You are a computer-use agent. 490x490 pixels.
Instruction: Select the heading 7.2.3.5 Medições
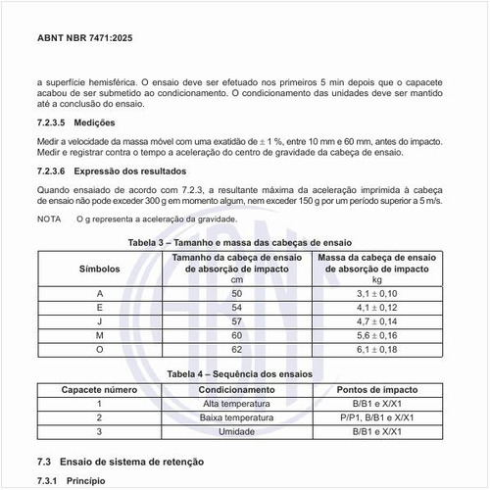(x=75, y=123)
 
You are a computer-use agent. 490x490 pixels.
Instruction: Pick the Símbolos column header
(x=99, y=267)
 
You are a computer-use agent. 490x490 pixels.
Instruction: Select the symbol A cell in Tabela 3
(x=99, y=293)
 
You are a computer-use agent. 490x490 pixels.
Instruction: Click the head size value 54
(x=236, y=307)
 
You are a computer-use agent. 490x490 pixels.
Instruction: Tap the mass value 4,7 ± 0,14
(x=377, y=320)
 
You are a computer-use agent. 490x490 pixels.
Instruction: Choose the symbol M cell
(x=99, y=334)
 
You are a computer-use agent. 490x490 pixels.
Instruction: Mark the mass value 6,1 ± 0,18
(x=377, y=348)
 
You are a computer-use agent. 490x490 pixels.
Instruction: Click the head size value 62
(x=236, y=348)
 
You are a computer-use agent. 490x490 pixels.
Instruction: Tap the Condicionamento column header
(x=236, y=390)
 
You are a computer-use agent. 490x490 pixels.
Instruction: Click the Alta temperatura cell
(x=236, y=404)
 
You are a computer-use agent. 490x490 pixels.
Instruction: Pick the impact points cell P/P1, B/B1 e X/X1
(x=377, y=417)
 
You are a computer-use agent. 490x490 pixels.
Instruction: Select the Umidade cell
(x=236, y=431)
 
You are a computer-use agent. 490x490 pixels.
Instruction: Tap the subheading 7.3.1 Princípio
(x=69, y=480)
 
